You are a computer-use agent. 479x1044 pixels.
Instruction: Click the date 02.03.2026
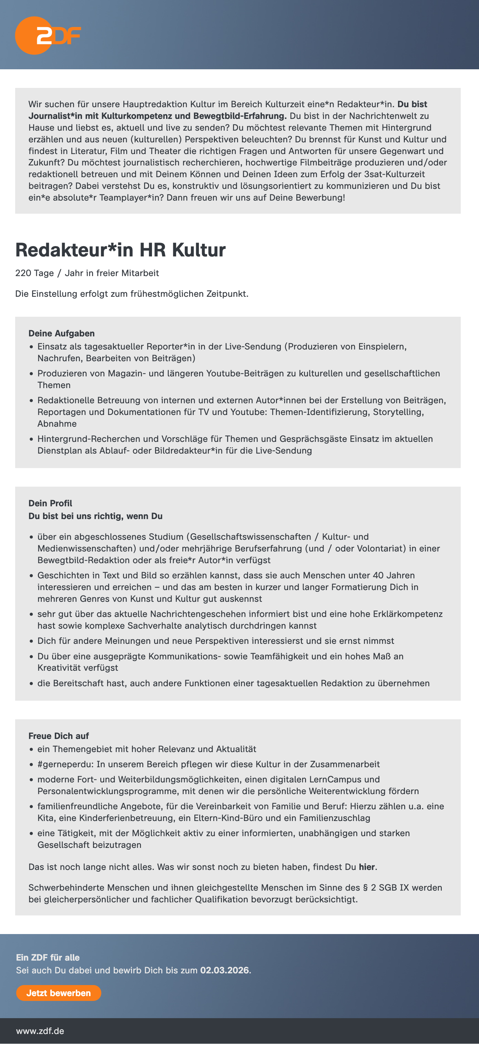[224, 970]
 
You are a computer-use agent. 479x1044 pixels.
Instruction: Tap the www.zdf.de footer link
[40, 1031]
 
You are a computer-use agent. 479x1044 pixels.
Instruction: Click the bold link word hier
[367, 867]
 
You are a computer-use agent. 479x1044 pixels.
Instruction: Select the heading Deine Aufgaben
[62, 334]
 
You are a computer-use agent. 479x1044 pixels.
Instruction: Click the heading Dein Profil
[50, 503]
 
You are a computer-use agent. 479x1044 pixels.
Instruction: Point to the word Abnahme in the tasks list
[57, 424]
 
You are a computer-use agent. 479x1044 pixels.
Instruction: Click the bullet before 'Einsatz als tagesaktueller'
[31, 347]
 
